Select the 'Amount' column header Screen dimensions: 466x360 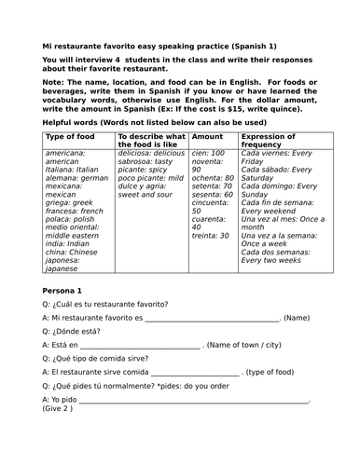coord(207,136)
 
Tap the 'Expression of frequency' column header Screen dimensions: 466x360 coord(271,141)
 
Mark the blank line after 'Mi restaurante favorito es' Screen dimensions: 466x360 coord(211,320)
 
